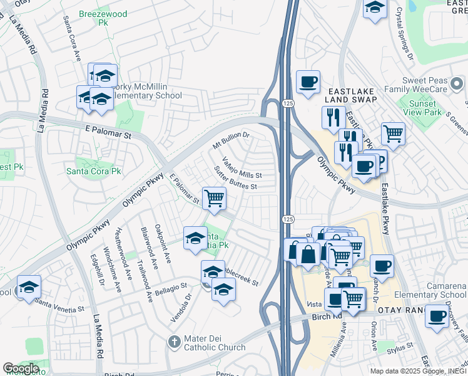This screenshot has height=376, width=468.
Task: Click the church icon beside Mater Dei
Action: [175, 342]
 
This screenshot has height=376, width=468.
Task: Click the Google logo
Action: [21, 368]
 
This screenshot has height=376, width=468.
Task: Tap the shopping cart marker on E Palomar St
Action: [214, 199]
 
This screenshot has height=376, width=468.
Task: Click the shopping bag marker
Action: [308, 253]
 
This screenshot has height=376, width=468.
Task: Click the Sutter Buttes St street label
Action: [235, 178]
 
